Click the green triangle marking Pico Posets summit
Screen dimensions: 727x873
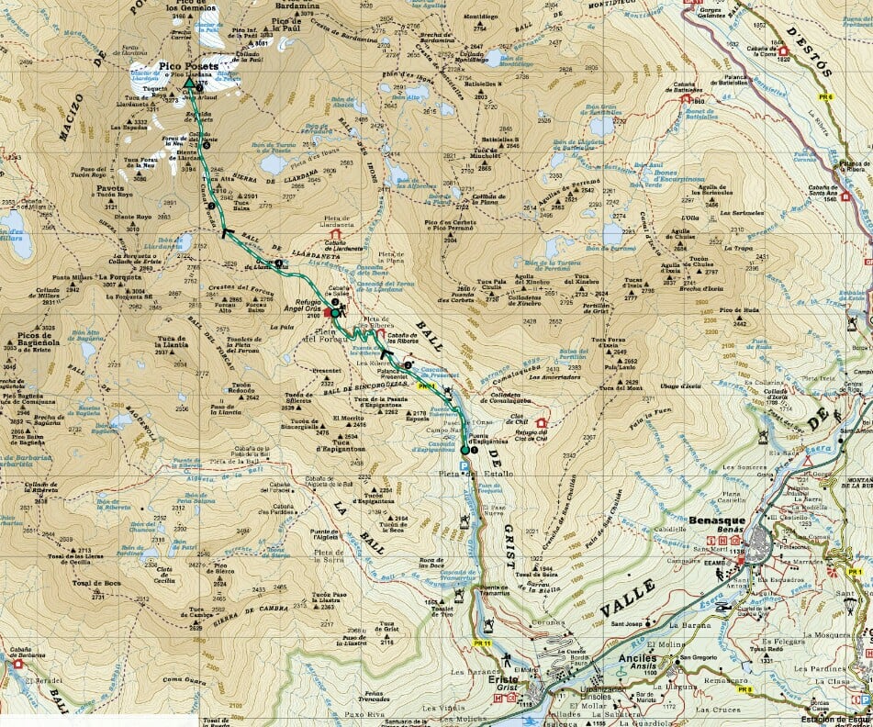tap(189, 84)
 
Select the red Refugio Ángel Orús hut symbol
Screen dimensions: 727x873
tap(328, 312)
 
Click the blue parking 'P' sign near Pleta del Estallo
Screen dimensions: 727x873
tap(464, 464)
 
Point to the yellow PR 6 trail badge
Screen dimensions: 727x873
tap(826, 96)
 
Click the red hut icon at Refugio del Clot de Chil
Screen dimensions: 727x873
tap(542, 423)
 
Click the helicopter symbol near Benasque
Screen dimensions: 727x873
tap(722, 608)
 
